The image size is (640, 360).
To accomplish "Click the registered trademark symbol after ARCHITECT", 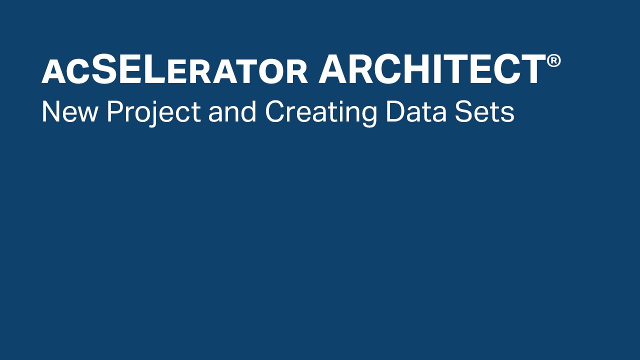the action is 553,61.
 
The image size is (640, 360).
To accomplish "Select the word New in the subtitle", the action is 69,111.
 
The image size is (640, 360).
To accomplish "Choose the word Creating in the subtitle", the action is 321,113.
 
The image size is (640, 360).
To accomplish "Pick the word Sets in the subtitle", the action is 484,111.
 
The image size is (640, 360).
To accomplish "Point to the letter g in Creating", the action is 368,116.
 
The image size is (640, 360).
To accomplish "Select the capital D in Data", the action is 395,111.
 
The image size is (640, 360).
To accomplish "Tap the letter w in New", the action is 87,114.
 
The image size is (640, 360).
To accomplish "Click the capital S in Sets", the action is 463,111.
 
